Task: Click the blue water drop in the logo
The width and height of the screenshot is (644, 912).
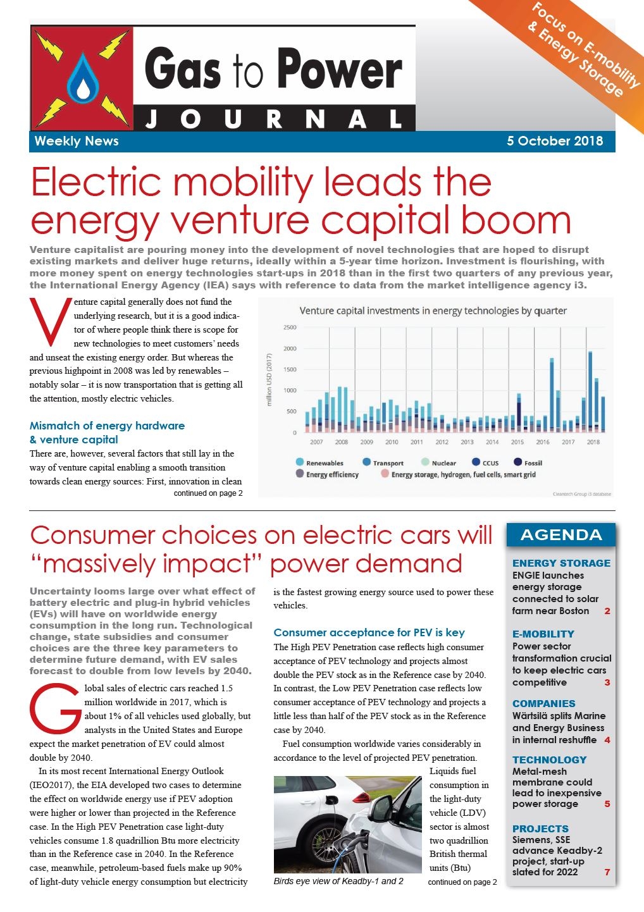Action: click(x=83, y=78)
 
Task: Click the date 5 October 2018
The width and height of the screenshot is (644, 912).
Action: click(x=555, y=141)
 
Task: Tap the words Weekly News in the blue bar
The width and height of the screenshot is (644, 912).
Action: click(x=77, y=141)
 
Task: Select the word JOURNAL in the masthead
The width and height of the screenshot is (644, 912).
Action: click(x=274, y=120)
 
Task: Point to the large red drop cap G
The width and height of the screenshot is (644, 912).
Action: click(x=55, y=710)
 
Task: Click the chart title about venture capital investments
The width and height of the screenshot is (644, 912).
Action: click(x=433, y=311)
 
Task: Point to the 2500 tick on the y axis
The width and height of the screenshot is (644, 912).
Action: click(x=290, y=327)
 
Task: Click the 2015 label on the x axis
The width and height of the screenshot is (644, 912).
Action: click(x=517, y=441)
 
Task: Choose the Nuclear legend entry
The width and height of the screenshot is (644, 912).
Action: click(x=438, y=462)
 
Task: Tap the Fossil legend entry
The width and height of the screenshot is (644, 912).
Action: click(x=528, y=462)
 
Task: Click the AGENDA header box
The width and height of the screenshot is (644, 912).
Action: click(x=561, y=534)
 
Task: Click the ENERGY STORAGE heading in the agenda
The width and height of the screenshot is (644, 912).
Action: click(x=561, y=563)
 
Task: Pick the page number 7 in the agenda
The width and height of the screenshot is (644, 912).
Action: click(x=607, y=872)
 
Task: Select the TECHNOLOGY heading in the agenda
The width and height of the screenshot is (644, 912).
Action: click(x=549, y=760)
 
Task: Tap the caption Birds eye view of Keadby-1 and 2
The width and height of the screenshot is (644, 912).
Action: click(x=338, y=882)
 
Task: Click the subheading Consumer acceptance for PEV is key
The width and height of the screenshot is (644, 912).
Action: click(x=369, y=632)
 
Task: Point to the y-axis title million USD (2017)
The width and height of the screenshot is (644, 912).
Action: click(x=269, y=379)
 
